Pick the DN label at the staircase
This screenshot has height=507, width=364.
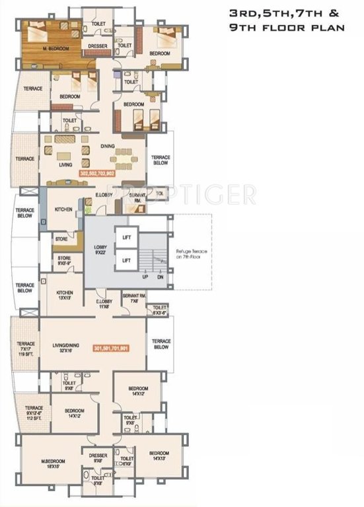[160, 279]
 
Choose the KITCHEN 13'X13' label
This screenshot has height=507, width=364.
[65, 295]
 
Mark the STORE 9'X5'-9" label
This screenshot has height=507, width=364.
[64, 261]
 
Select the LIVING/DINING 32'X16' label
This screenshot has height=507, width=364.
[67, 347]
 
